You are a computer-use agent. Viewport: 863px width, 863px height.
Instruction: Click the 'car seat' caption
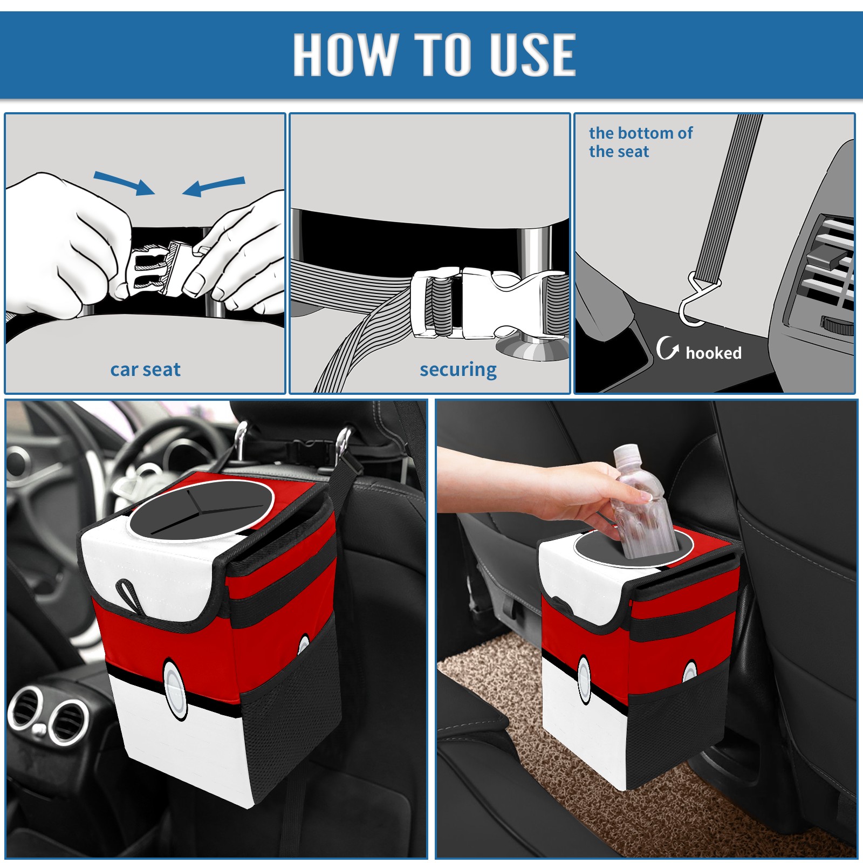[145, 369]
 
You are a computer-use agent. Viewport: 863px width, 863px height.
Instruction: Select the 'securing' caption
[458, 369]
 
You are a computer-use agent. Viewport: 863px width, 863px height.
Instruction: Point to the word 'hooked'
[714, 353]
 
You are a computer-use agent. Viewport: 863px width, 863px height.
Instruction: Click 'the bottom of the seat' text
[640, 142]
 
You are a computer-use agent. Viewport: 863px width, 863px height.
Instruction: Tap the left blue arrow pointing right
[124, 183]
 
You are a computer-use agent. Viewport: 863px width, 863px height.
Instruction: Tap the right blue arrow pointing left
[214, 186]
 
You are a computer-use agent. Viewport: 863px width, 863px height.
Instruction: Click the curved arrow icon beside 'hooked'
[667, 348]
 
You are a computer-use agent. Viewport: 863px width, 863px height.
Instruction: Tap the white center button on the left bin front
[175, 689]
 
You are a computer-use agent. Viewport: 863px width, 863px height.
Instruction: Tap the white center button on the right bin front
[585, 679]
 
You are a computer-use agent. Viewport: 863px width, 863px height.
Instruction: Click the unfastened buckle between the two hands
[162, 270]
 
